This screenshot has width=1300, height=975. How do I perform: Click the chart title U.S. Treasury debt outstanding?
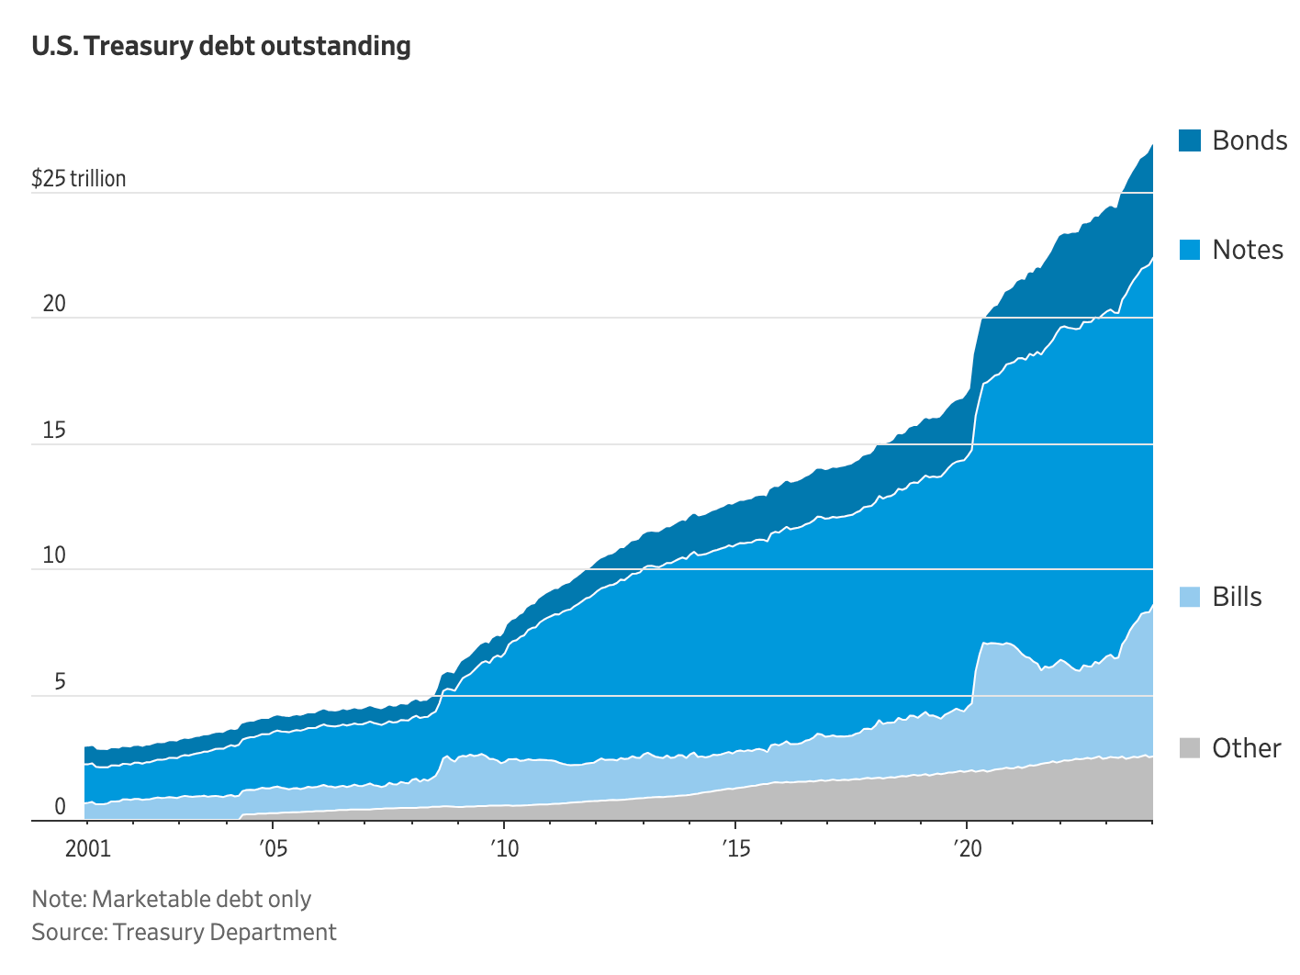(221, 46)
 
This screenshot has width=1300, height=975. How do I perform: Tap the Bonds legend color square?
(1189, 140)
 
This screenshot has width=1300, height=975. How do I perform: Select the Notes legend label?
(1247, 250)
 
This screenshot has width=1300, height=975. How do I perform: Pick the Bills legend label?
(1237, 597)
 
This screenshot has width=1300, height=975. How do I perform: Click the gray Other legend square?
(1189, 747)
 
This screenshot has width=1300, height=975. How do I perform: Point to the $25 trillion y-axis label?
(79, 178)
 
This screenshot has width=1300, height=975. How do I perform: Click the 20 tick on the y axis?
(54, 303)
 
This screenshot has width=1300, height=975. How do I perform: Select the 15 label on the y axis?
(54, 430)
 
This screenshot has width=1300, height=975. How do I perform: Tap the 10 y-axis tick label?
(54, 555)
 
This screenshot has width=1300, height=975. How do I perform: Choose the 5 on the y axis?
(60, 681)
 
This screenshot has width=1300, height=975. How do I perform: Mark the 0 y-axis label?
(60, 807)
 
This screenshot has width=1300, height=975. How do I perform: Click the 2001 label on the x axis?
(88, 848)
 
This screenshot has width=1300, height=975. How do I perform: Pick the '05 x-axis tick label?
(272, 848)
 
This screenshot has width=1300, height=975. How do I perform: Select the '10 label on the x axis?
(503, 848)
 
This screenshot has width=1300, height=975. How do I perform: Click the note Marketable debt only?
(172, 899)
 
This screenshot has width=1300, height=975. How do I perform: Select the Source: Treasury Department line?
(184, 932)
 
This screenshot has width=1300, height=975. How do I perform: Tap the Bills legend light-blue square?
(1189, 597)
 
